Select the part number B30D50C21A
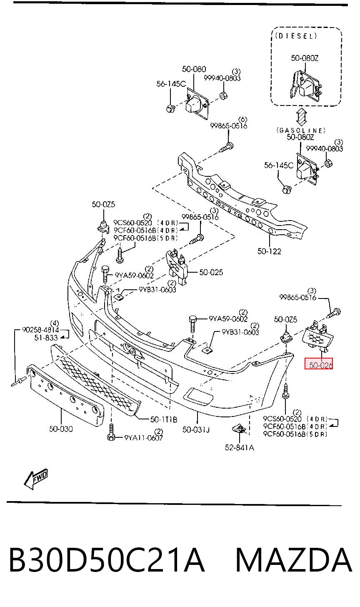[106, 560]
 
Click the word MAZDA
[294, 560]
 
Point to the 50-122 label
[269, 251]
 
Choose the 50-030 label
[61, 429]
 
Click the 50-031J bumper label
[196, 429]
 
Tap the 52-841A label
[240, 447]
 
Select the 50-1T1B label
[164, 419]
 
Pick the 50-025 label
[211, 272]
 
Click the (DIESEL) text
[296, 36]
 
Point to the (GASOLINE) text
[301, 130]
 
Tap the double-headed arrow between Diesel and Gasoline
[301, 117]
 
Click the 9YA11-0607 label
[144, 438]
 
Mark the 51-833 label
[46, 338]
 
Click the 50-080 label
[194, 69]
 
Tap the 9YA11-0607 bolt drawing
[111, 432]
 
